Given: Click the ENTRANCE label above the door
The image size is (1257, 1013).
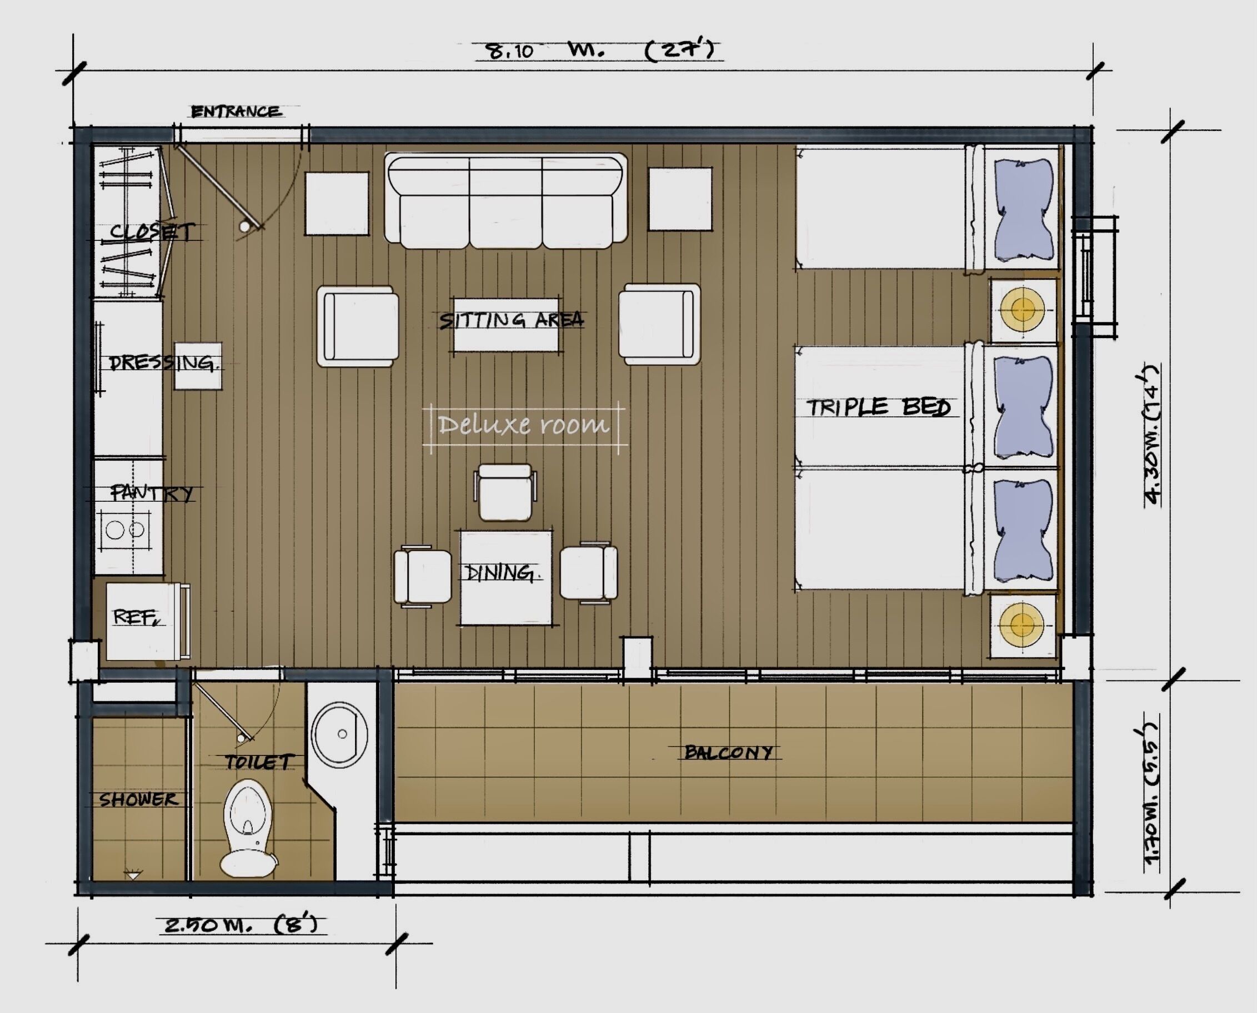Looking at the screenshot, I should pos(236,112).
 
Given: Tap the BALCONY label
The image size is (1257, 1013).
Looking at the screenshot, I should pos(728,752).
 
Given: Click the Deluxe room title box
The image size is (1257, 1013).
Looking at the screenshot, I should pos(524,425).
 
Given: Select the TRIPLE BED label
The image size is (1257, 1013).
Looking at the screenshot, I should pos(878,407).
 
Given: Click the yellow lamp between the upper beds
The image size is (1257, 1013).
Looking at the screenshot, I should pos(1021,310).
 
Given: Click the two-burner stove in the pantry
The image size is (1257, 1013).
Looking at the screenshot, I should pos(125,531).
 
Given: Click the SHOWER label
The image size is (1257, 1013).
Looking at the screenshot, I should pos(138,799).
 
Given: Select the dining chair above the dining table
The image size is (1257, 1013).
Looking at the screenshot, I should pos(505,492).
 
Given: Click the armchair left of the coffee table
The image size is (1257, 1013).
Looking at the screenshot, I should pos(357,326).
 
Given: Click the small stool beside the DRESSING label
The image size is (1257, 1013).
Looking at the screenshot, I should pos(198,366).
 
